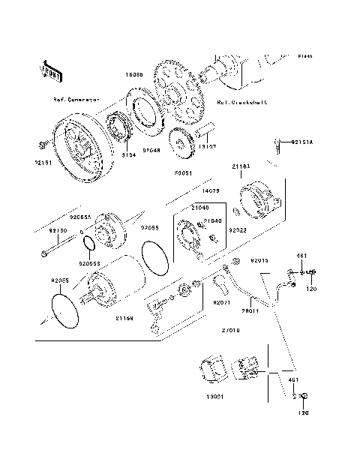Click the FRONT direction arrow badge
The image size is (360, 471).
pos(51,70)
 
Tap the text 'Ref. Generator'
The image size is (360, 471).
pos(75,99)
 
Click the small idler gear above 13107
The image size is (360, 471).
pos(180,139)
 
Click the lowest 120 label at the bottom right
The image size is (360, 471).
pos(304,412)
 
